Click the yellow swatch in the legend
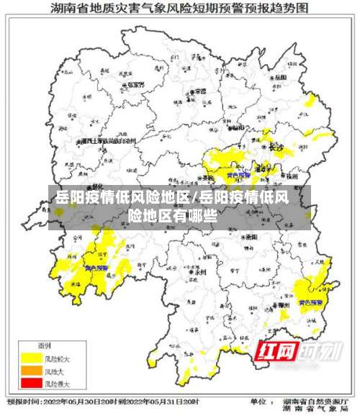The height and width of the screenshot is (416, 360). pos(30,357)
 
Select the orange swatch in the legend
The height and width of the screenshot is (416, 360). pos(30,371)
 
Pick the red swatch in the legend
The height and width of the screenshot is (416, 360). pos(30,384)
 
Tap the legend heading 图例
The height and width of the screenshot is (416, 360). pos(44,346)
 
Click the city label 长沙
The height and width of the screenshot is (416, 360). pos(276,147)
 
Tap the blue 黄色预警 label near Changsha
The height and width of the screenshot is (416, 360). pos(238,174)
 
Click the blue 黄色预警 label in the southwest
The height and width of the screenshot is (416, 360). pos(96,268)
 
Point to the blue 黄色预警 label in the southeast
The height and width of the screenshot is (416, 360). pos(311,302)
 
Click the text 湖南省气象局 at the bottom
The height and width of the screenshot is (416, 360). pos(317,410)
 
